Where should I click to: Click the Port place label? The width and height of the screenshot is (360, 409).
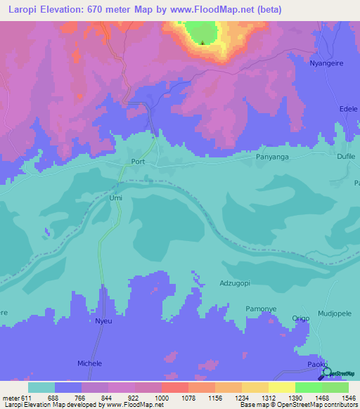[138, 161]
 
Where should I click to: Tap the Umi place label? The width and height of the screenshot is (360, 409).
[116, 198]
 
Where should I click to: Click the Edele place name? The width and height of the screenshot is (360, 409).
[348, 110]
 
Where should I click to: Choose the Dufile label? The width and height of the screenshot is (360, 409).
[347, 158]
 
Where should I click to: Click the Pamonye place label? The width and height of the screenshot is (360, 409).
[260, 309]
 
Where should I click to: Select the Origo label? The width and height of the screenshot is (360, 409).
[301, 318]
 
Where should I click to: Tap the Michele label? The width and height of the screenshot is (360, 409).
[89, 363]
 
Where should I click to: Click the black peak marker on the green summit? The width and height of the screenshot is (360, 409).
[202, 43]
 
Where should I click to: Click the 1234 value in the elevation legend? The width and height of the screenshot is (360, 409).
[242, 397]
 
